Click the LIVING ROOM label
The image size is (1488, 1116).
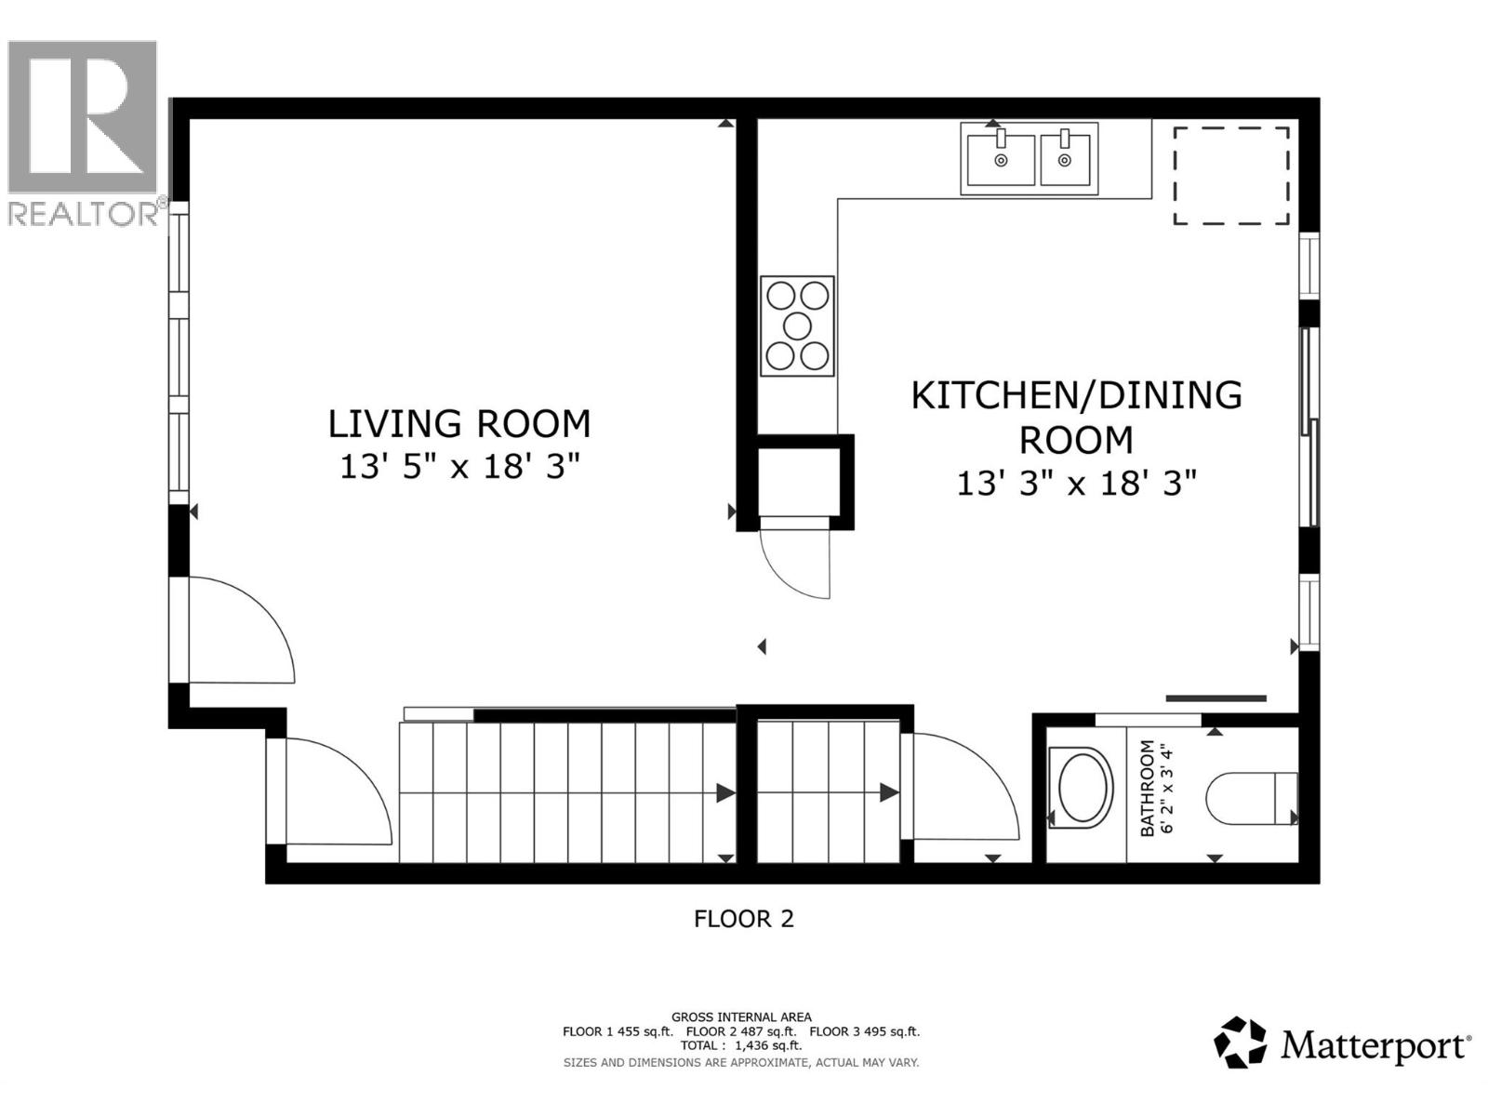point(459,424)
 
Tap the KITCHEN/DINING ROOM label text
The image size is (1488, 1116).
point(1076,417)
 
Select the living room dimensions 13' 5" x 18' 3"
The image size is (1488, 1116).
point(459,466)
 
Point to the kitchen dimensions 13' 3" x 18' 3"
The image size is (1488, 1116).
point(1076,484)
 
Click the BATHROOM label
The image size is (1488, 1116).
point(1148,788)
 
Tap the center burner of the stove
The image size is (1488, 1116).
point(798,325)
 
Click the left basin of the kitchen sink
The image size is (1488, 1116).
point(1001,160)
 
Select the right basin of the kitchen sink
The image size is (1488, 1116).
point(1066,160)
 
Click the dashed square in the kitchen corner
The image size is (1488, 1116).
point(1230,176)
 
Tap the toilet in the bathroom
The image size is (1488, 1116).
point(1251,798)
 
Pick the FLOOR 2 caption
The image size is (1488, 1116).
point(744,919)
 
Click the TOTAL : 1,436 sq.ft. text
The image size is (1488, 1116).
point(740,1045)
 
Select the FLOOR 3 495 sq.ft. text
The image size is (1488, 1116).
point(864,1031)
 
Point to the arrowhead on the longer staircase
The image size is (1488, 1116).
point(725,793)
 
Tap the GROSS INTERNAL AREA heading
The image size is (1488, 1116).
point(741,1017)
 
